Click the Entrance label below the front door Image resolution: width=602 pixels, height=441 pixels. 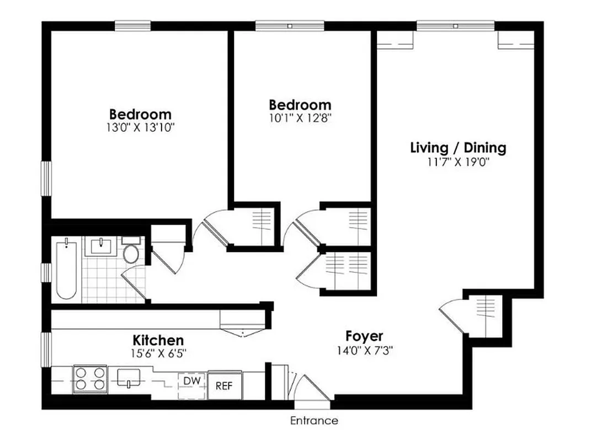tap(314, 421)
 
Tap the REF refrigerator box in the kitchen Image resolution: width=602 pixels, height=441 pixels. tap(224, 385)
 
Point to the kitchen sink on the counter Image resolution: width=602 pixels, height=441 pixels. tap(130, 378)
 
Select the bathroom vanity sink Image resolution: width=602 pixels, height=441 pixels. tap(103, 246)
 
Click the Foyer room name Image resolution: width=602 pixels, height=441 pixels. tap(364, 336)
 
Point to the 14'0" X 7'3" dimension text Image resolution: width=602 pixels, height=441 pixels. tap(364, 349)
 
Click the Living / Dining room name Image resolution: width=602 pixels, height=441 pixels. tap(458, 148)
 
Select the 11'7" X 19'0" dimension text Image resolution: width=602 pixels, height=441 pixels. tap(458, 162)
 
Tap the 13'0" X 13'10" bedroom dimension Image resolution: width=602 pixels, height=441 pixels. tap(140, 128)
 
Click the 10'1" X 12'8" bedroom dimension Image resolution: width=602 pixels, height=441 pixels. tap(300, 117)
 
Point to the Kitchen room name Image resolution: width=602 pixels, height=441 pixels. tap(158, 340)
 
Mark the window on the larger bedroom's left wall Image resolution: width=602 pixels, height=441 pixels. tap(47, 178)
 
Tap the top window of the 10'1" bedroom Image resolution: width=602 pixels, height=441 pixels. tap(290, 25)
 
